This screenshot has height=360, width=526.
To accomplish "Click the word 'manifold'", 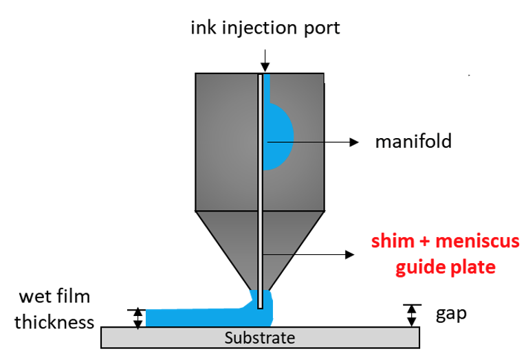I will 413,142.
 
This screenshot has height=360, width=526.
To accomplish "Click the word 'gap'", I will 451,315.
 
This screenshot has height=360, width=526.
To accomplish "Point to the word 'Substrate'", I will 260,338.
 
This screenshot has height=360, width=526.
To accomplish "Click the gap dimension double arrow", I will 411,315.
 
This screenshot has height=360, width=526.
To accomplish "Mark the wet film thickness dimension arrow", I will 138,318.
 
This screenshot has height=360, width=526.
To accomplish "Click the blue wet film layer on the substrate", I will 193,317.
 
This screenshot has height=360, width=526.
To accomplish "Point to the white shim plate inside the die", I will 260,206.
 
